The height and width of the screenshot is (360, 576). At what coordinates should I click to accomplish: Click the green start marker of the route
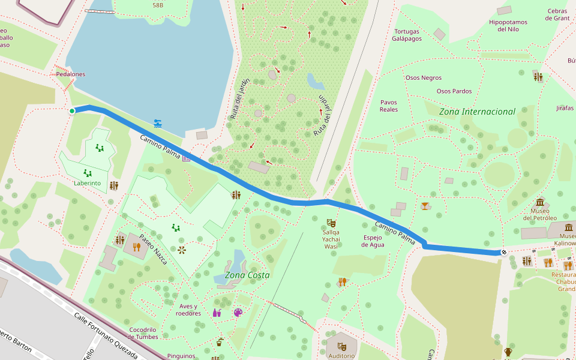click(72, 111)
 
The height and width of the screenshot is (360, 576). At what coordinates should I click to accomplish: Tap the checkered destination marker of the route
click(504, 252)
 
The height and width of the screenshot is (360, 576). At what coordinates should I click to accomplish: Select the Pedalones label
click(71, 74)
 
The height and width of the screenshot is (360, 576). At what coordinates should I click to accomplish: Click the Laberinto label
click(87, 183)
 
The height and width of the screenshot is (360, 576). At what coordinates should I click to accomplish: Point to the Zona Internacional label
click(477, 112)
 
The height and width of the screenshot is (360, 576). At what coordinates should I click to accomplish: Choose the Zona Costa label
click(247, 275)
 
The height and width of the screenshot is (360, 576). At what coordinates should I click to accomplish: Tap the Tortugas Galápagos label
click(407, 35)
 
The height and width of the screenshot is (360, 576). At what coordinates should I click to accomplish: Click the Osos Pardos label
click(454, 91)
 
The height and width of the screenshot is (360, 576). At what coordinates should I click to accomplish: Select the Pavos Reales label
click(389, 106)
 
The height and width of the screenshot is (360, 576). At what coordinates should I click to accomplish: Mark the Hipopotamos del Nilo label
click(508, 26)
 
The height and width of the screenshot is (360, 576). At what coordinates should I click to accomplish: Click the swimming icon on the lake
click(158, 124)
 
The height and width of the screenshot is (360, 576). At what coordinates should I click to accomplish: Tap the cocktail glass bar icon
click(425, 206)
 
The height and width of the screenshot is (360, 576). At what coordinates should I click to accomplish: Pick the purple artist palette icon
click(238, 313)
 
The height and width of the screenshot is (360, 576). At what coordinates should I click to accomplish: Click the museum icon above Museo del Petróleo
click(540, 202)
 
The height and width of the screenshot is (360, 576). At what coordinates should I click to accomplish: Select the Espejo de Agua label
click(373, 241)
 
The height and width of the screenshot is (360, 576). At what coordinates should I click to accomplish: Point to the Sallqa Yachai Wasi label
click(331, 239)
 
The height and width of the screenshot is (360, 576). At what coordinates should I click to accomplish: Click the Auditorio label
click(341, 355)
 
